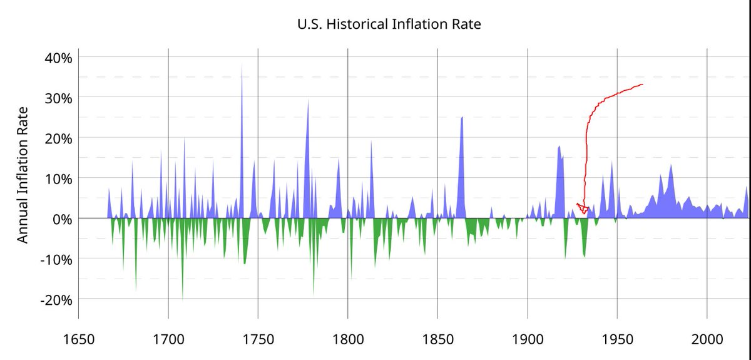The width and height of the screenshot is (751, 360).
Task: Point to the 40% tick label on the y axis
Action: (x=58, y=58)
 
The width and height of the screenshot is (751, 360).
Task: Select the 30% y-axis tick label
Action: (x=58, y=98)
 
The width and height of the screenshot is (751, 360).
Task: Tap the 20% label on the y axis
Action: (x=58, y=138)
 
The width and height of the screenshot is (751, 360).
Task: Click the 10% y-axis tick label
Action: (x=58, y=178)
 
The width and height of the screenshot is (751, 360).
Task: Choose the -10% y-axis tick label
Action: (x=56, y=259)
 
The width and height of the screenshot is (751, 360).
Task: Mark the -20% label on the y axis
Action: (x=56, y=299)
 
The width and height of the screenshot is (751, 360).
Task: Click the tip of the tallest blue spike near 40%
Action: (x=242, y=65)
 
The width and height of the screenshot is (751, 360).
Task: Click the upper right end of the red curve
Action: (x=642, y=85)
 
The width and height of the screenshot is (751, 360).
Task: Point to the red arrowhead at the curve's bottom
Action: (x=583, y=208)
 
